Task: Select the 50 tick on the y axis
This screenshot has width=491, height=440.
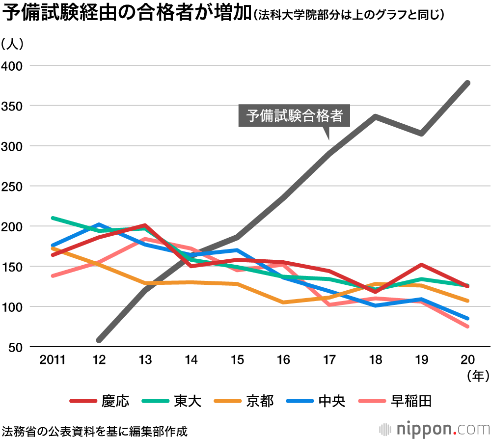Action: [15, 347]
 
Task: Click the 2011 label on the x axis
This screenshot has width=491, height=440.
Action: [53, 360]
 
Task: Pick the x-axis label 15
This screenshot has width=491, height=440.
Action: [237, 360]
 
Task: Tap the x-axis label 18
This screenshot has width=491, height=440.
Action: [376, 360]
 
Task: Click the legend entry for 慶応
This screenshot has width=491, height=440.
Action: [100, 401]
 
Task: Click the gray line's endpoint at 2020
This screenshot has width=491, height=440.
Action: [467, 83]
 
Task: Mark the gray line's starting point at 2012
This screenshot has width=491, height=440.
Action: [99, 340]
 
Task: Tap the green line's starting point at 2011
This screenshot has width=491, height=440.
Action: [53, 218]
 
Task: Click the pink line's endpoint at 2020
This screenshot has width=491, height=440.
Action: [467, 327]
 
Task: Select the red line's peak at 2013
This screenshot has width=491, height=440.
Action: [145, 225]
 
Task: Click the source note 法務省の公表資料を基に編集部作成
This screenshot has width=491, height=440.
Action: [94, 431]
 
